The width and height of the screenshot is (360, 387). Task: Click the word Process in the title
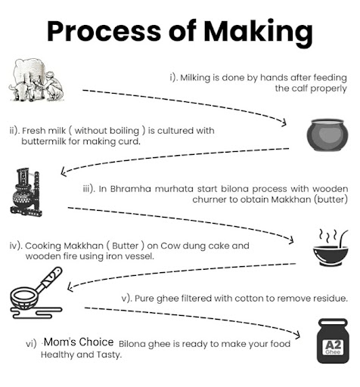point(104,31)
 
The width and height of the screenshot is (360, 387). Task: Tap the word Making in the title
point(258,33)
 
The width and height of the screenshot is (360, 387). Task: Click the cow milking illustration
point(36,79)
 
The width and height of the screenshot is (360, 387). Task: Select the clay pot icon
point(327,135)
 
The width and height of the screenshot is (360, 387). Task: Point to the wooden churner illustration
point(26,192)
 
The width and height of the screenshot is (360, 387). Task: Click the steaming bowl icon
point(331,248)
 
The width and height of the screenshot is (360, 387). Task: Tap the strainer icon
point(36,293)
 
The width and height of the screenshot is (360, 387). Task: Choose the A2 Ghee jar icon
point(333,341)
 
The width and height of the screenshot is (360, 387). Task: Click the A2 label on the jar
point(333,345)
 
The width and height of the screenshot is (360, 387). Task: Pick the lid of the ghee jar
point(333,323)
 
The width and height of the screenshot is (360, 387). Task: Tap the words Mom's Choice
point(79,342)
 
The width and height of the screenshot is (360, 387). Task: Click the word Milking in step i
point(195,78)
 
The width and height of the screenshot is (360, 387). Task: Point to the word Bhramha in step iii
point(130,189)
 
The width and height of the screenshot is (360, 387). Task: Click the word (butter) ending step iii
point(331,200)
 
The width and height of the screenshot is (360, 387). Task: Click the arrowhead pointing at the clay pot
point(284,122)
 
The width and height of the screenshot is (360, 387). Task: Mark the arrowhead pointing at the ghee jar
point(297,334)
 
